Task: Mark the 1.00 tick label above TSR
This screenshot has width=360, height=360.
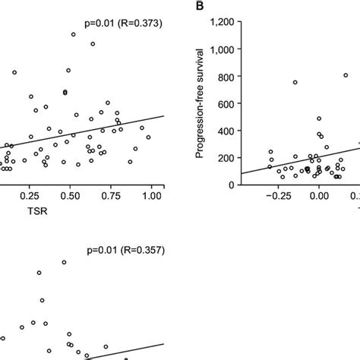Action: point(152,196)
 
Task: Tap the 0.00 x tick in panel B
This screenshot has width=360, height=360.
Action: point(319,196)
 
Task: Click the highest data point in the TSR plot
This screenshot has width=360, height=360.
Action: point(74,34)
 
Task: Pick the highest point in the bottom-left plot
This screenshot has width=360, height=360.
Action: point(64,262)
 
